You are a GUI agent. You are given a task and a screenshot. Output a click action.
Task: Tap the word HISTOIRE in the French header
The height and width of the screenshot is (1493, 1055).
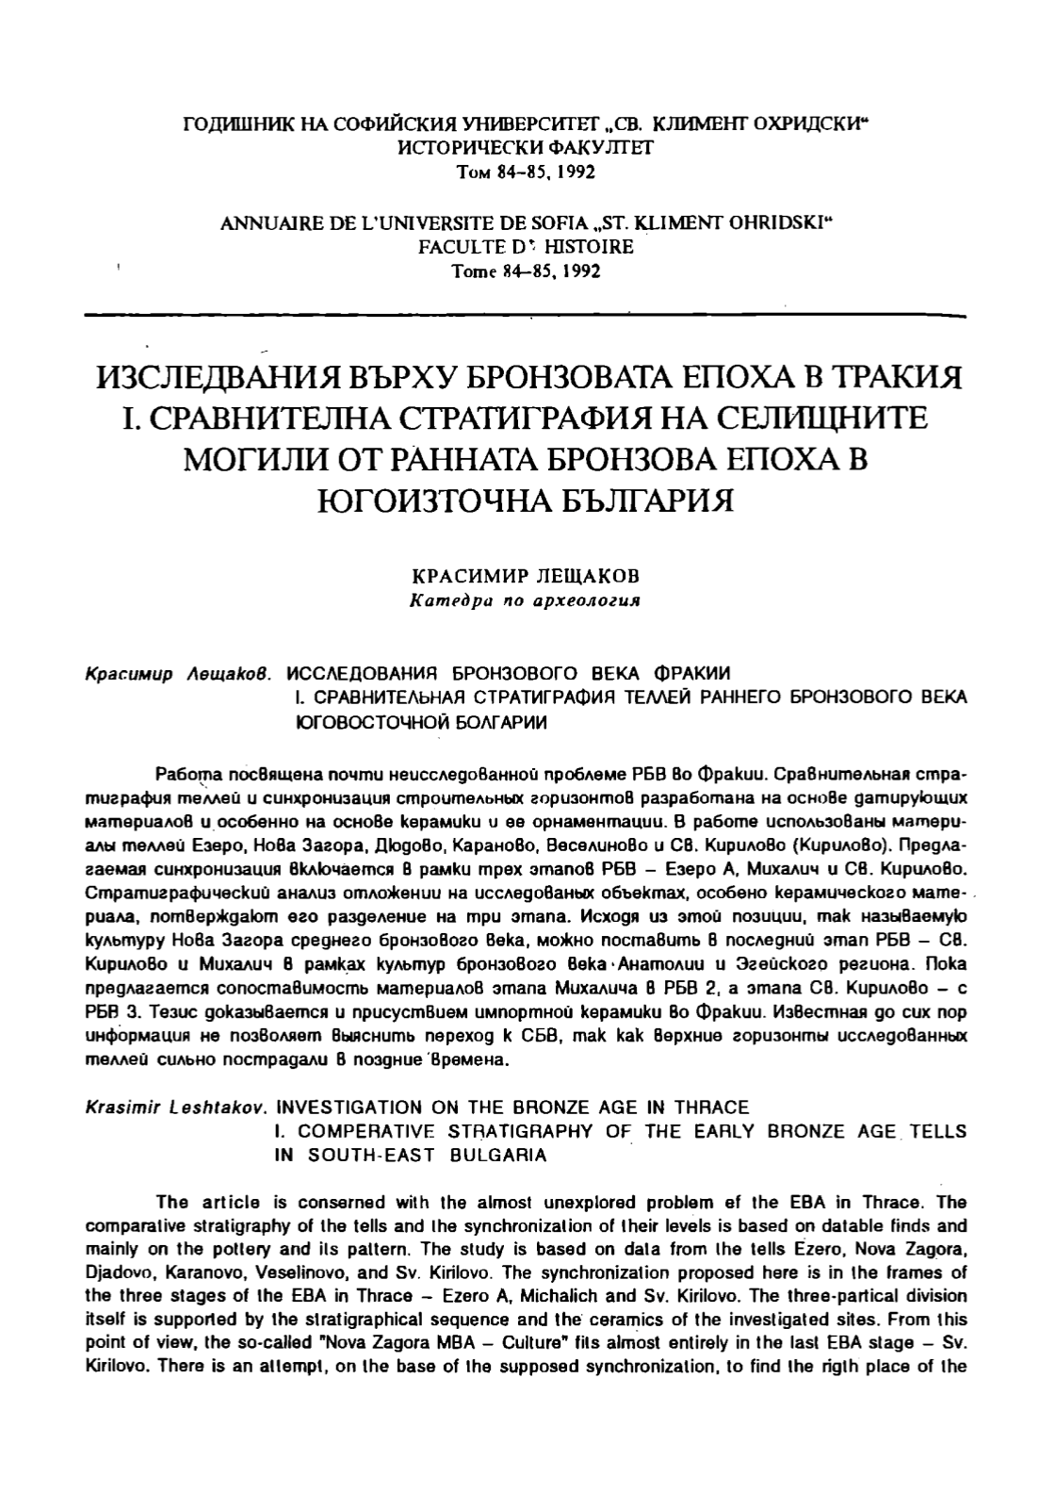pyautogui.click(x=589, y=247)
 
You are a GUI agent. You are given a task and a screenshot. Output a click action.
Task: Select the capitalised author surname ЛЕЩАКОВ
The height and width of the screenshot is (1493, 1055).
pyautogui.click(x=577, y=575)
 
